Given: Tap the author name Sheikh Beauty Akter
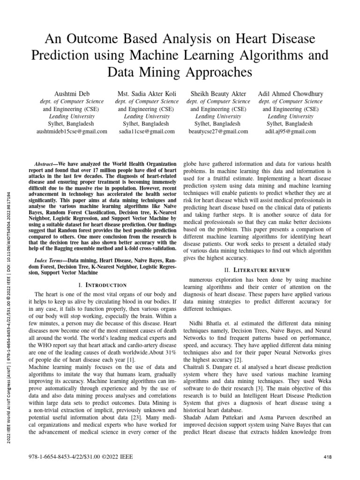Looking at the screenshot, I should (x=218, y=94).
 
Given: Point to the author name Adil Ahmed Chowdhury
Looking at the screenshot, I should (x=291, y=94).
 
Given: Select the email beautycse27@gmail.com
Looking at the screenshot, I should (x=218, y=132).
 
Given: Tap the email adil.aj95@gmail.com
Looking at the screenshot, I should (x=291, y=132).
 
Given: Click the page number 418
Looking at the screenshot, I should (x=328, y=457).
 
